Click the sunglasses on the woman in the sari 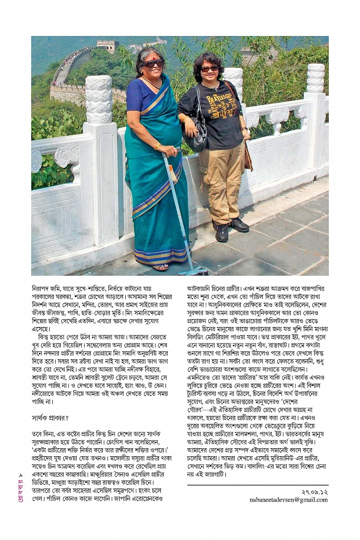(153, 63)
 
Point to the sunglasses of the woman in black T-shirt (209, 68)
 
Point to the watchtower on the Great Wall (108, 46)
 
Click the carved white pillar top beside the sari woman (99, 99)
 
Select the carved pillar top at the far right (316, 78)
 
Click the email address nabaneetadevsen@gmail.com (288, 500)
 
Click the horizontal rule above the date (258, 485)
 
